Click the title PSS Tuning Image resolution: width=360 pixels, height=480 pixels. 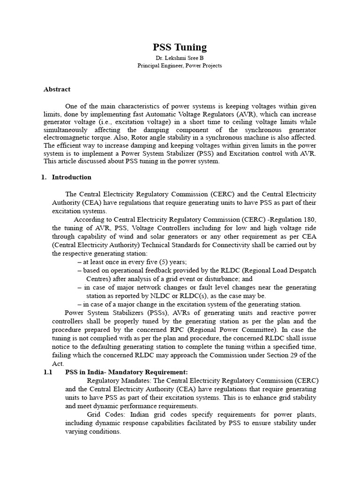[x=180, y=47]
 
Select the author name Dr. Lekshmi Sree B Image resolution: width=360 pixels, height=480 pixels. [x=180, y=58]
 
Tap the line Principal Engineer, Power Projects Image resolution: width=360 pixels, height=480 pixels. [x=180, y=66]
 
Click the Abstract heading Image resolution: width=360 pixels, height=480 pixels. [x=57, y=89]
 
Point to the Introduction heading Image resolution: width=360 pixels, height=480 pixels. [x=71, y=177]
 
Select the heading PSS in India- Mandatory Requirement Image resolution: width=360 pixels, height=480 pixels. [x=127, y=372]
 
